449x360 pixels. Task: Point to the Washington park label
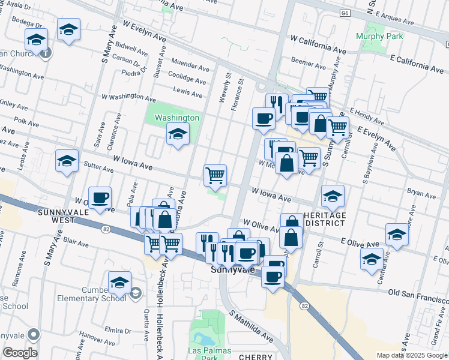[177, 118]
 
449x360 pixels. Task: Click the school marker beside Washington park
[178, 135]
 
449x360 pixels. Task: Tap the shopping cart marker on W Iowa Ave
[215, 176]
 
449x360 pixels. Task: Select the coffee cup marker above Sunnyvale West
[100, 197]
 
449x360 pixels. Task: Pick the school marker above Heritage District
[333, 196]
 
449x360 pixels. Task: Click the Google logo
[20, 353]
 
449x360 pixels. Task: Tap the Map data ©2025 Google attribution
[411, 355]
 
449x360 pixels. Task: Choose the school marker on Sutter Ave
[67, 161]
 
